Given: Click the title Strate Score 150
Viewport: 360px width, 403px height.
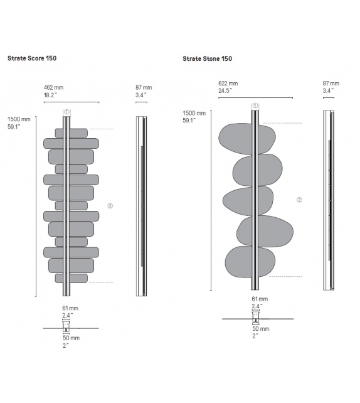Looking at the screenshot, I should [x=33, y=58].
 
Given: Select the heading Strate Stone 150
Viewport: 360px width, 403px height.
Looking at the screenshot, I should [x=208, y=58].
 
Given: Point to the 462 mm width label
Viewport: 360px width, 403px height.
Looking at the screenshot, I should [x=53, y=88].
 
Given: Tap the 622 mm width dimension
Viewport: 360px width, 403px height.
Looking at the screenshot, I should [x=228, y=83].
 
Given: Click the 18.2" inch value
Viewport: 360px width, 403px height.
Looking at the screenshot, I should [x=51, y=95].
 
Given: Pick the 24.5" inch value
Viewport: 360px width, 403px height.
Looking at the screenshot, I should [x=226, y=90].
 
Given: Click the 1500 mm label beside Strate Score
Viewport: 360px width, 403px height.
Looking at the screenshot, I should [x=18, y=119].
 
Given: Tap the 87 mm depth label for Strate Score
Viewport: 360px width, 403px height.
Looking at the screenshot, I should [x=144, y=88].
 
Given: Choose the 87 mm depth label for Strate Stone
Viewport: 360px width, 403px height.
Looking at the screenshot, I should [x=331, y=83].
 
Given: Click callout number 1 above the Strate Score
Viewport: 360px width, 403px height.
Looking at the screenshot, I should [x=66, y=112].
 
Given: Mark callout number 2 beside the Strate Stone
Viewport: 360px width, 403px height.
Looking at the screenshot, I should [x=299, y=200].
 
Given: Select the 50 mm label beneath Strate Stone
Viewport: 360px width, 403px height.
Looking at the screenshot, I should [x=260, y=328].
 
